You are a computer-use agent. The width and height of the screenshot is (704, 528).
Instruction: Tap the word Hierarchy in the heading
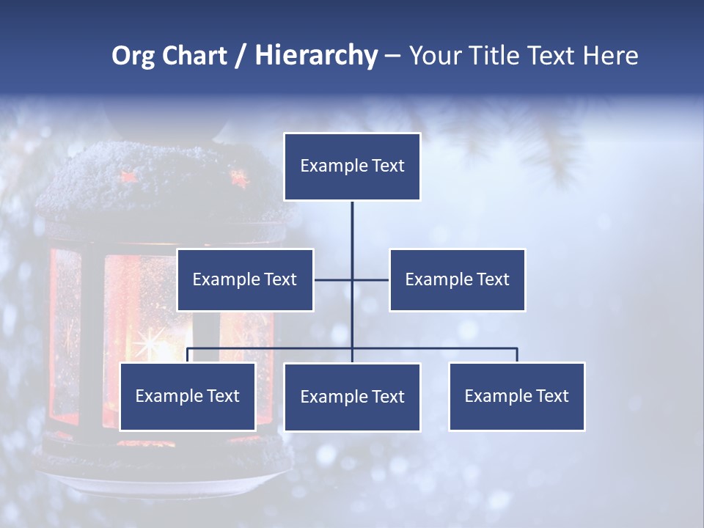315,56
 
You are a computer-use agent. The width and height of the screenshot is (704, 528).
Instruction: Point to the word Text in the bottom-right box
552,396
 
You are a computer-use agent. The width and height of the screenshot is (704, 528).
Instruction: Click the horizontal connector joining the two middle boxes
370,279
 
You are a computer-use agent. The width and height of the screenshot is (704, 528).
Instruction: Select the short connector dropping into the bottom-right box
517,355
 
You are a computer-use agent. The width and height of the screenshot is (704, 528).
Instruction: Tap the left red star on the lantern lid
129,176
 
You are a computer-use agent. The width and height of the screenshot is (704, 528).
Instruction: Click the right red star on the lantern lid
239,177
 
